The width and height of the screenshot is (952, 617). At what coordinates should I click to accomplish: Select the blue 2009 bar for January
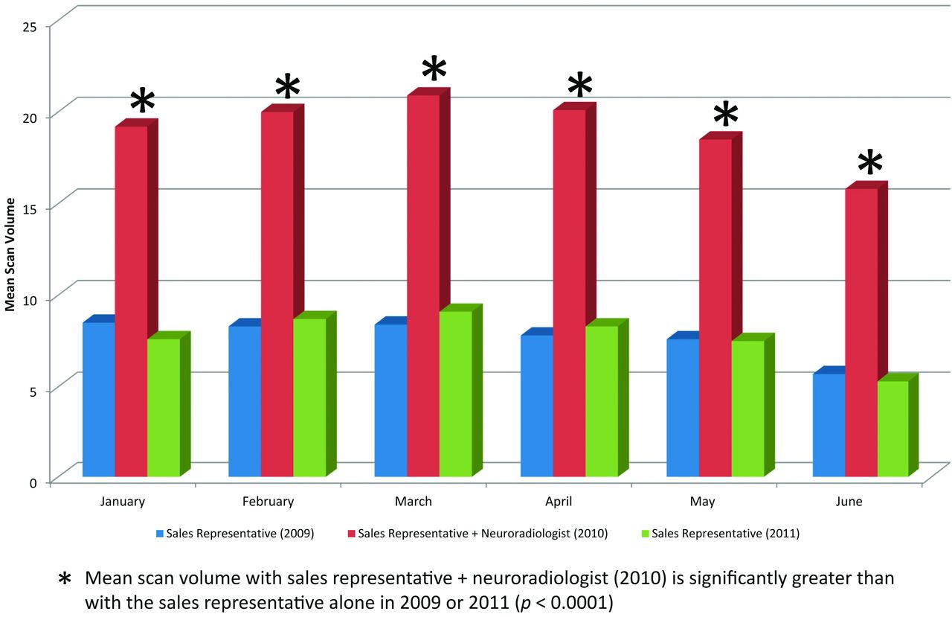click(98, 399)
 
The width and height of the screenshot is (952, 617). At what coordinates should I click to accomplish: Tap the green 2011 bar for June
click(892, 429)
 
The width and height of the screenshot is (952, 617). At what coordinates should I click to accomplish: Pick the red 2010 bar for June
click(861, 332)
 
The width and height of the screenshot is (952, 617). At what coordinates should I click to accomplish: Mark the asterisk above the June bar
click(869, 163)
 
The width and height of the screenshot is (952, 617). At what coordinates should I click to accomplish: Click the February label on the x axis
click(268, 502)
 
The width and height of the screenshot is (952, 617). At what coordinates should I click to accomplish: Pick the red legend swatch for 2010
click(350, 534)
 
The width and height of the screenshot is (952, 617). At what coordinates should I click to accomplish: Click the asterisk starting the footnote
click(65, 579)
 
